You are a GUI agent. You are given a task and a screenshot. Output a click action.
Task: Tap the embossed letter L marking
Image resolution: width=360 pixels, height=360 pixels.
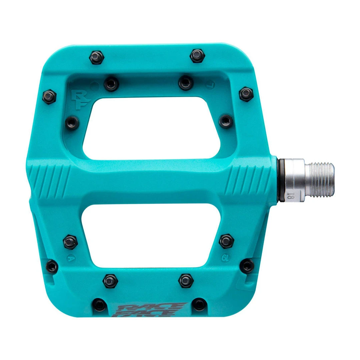tap(209, 84)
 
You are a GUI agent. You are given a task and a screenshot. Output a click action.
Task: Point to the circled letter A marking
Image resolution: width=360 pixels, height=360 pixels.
tap(70, 257)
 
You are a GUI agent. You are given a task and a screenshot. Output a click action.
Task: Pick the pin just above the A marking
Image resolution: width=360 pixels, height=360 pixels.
tap(70, 242)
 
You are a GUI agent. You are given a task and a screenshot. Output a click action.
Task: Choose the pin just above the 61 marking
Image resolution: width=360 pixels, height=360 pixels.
tap(226, 241)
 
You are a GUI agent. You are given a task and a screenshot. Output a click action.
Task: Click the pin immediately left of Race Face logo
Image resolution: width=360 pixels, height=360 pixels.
tap(99, 304)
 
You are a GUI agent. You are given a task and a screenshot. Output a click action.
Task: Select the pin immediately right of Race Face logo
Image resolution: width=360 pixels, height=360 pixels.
tap(199, 304)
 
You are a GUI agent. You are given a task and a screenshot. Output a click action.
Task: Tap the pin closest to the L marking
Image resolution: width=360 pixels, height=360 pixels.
tap(186, 83)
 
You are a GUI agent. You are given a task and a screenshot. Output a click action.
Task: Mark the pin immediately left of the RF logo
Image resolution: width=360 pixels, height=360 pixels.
tap(49, 97)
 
